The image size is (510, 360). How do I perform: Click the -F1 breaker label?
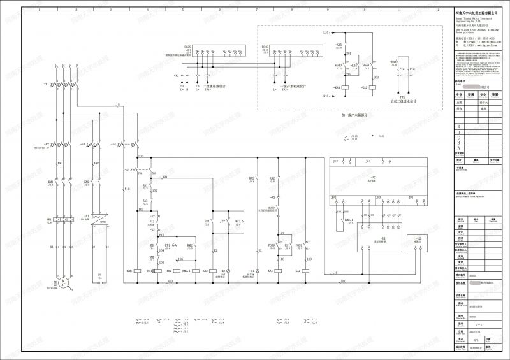point(47,84)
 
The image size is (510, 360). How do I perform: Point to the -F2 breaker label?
point(47,145)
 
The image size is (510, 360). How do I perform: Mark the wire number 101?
point(164,176)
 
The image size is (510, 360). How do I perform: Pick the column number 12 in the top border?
point(437,10)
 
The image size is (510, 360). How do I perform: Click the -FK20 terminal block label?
point(187,47)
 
